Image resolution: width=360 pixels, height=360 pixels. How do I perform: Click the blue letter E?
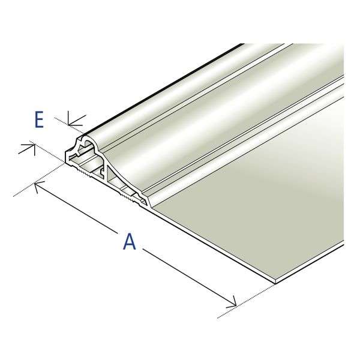(39, 119)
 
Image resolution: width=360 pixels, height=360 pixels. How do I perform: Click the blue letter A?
(130, 241)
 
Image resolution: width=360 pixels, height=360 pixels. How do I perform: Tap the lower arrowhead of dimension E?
(28, 149)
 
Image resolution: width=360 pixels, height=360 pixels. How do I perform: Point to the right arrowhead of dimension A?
(232, 302)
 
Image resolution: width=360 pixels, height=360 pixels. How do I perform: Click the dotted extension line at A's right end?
(246, 301)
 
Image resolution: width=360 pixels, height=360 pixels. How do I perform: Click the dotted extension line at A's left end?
(38, 180)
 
